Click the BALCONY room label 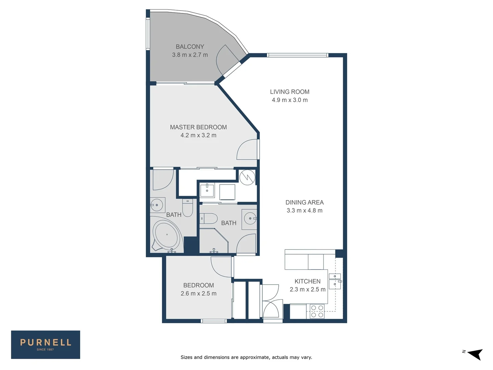[190, 47]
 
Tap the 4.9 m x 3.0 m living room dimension [290, 100]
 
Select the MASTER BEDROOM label [198, 127]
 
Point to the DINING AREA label [305, 202]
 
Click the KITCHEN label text [307, 281]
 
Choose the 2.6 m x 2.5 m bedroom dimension [199, 293]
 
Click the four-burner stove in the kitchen [317, 311]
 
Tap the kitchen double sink [335, 281]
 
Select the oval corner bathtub [166, 235]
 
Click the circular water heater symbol [247, 177]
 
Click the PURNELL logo [46, 345]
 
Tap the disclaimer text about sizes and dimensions [246, 357]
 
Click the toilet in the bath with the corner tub [187, 208]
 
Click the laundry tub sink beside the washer [207, 190]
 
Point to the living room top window [298, 55]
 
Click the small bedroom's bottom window [214, 321]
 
